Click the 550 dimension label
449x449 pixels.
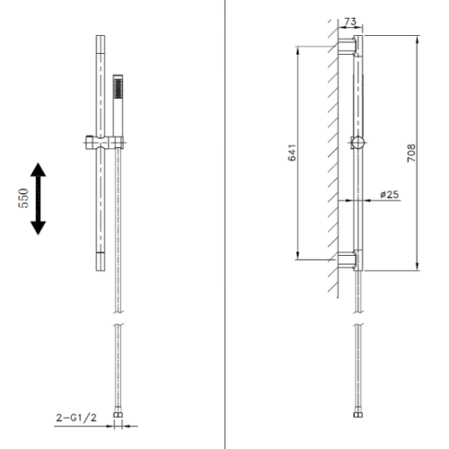tap(23, 198)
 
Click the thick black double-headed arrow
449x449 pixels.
tap(39, 198)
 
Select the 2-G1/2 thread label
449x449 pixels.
tap(76, 418)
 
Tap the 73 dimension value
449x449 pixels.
tap(350, 22)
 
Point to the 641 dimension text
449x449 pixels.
tap(292, 153)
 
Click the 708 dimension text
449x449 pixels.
tap(411, 154)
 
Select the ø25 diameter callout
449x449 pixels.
tap(390, 195)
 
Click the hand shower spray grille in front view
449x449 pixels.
tap(118, 88)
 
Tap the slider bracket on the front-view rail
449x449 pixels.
tap(104, 143)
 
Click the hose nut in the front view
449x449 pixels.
tap(119, 415)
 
